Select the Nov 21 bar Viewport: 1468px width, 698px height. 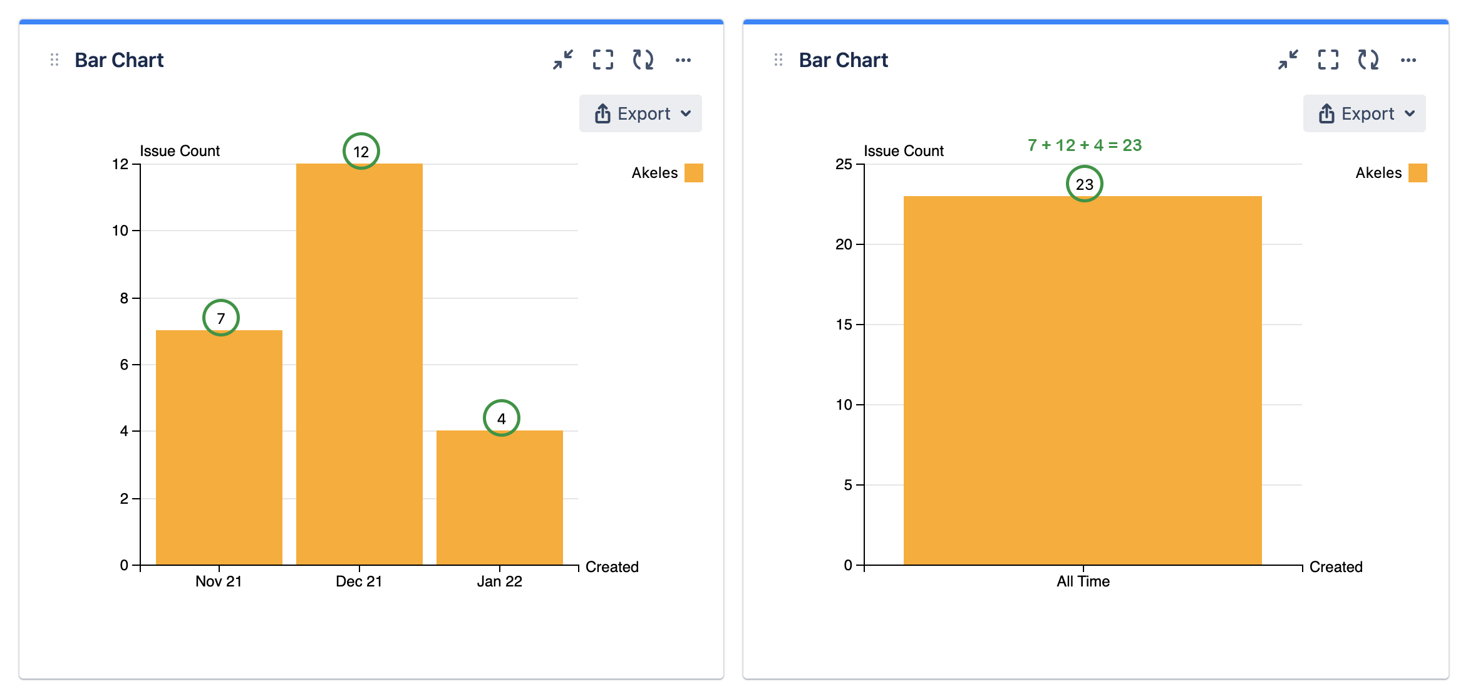pos(219,447)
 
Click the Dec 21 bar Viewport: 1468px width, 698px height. pos(359,364)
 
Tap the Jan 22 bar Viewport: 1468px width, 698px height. pos(499,497)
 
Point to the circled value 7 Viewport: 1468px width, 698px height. pos(221,318)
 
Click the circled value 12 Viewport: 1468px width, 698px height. pos(361,151)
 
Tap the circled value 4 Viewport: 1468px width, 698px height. pos(502,418)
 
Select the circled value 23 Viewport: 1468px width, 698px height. pos(1085,184)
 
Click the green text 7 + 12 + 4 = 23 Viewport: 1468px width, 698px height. pos(1085,145)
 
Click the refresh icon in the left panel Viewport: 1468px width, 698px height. pos(643,60)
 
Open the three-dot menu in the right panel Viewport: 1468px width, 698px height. pos(1409,60)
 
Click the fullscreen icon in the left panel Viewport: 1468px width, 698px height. pos(603,60)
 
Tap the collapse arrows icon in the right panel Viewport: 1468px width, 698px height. pos(1288,60)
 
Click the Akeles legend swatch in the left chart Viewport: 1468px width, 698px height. pos(694,173)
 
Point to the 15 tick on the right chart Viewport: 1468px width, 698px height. pos(844,325)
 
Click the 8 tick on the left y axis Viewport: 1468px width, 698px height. pos(124,298)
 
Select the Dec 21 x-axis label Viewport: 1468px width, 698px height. pos(359,581)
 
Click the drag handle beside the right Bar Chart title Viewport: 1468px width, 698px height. pos(778,60)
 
